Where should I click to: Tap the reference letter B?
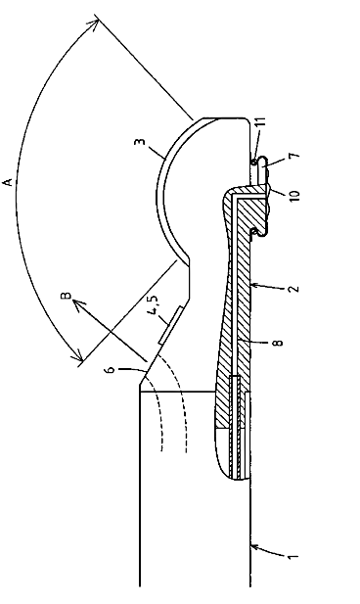(x=67, y=296)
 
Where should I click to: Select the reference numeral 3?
(x=140, y=142)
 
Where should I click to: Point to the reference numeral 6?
(x=111, y=369)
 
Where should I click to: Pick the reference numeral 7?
(x=293, y=156)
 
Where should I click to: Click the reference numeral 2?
(x=294, y=288)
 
